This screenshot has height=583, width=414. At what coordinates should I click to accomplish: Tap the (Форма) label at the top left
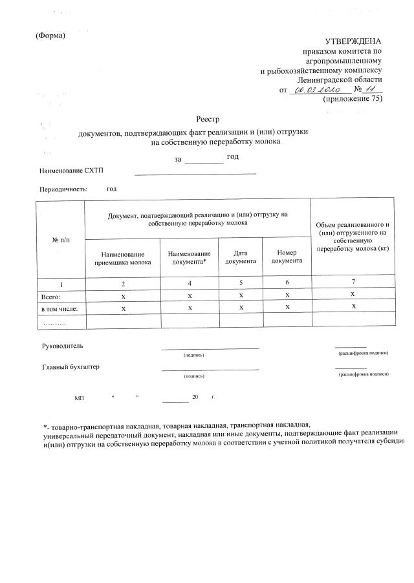[x=50, y=35]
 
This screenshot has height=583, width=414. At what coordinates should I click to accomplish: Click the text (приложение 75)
[x=352, y=100]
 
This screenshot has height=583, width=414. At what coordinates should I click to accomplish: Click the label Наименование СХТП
[x=71, y=170]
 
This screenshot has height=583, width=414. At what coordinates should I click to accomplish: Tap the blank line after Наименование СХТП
[x=195, y=173]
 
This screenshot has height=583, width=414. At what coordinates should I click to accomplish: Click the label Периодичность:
[x=63, y=189]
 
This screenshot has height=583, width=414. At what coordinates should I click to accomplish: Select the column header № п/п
[x=60, y=240]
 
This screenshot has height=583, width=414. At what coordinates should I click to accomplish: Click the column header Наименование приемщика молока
[x=122, y=259]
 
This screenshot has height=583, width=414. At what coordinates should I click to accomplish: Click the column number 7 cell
[x=353, y=282]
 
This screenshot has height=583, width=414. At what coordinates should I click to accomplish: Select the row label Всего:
[x=51, y=296]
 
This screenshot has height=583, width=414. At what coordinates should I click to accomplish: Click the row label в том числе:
[x=59, y=308]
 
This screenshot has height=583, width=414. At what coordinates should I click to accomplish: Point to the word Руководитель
[x=62, y=346]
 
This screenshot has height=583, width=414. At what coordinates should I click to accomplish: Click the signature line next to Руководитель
[x=210, y=348]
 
